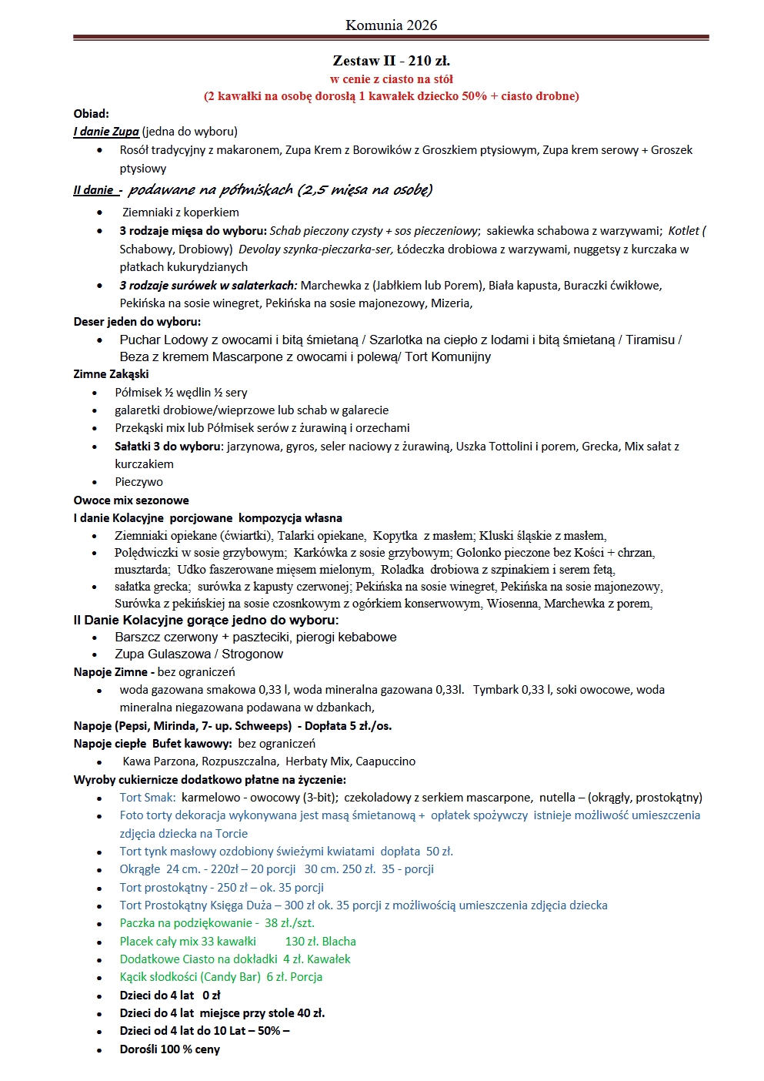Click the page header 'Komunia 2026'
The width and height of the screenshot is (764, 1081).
click(x=391, y=25)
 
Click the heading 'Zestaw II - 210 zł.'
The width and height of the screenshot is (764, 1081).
click(x=391, y=60)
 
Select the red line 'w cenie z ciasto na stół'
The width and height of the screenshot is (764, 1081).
click(x=391, y=79)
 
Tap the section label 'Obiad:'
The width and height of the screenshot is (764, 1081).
click(x=92, y=114)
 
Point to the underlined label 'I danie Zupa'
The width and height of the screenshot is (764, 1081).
click(x=106, y=132)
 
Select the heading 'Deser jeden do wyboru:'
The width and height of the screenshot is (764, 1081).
click(x=137, y=322)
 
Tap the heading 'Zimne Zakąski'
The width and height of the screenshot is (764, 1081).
click(x=112, y=374)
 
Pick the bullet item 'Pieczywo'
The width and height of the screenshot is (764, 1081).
click(x=138, y=482)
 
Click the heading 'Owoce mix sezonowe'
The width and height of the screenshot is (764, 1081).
click(x=132, y=500)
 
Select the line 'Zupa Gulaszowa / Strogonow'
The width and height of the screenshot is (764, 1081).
click(x=199, y=654)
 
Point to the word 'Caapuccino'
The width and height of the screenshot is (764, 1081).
click(x=385, y=761)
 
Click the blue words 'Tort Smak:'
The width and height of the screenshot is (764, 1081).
click(x=148, y=798)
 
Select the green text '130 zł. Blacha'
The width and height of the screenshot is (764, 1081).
click(x=320, y=942)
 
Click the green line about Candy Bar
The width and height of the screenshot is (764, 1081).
click(x=221, y=977)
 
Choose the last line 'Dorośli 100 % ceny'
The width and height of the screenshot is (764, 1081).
click(x=170, y=1049)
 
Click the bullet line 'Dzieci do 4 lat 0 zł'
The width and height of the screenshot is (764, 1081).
click(x=170, y=996)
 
